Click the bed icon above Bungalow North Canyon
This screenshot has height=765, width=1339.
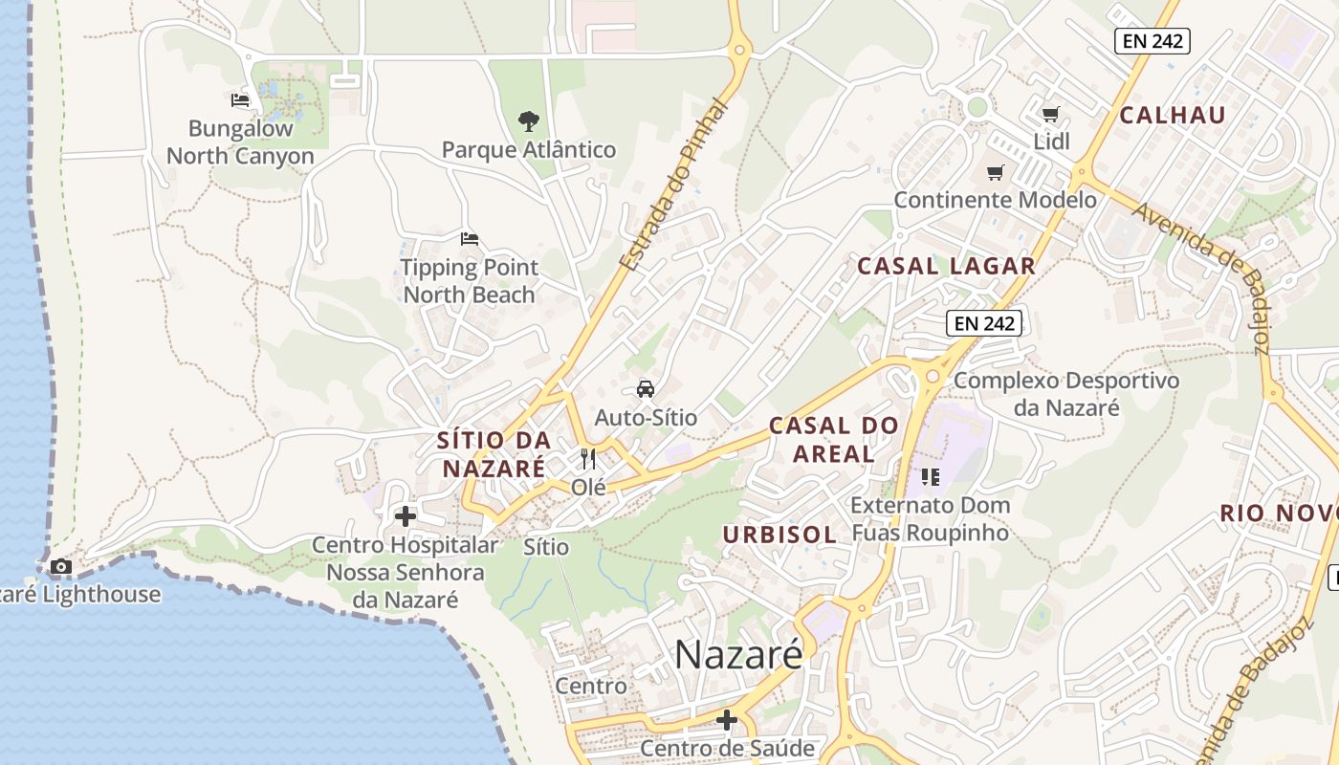[240, 99]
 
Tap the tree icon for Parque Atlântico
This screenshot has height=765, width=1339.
[528, 120]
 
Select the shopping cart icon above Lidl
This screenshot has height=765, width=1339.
[1050, 115]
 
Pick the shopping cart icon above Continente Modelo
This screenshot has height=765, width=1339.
[996, 173]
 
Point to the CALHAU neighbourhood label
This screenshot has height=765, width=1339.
[1172, 116]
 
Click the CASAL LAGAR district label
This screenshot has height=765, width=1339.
[946, 266]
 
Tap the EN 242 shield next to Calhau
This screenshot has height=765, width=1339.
[1152, 40]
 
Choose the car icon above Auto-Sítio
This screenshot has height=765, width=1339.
[646, 388]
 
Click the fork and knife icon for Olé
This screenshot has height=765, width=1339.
[588, 459]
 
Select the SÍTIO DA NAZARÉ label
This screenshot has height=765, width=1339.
[494, 454]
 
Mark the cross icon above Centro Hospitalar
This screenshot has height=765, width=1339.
[406, 516]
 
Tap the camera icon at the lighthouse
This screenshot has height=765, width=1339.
[61, 566]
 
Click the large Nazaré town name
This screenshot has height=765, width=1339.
[738, 655]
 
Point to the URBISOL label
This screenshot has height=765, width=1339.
[779, 535]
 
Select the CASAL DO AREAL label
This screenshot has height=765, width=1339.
[834, 439]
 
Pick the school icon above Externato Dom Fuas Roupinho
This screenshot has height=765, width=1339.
[930, 476]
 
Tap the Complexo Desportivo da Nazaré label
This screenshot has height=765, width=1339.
[1066, 394]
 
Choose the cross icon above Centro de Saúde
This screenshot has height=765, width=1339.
[727, 719]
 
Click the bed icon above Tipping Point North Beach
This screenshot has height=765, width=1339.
[469, 238]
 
